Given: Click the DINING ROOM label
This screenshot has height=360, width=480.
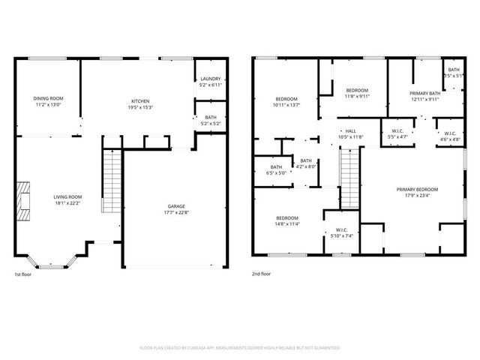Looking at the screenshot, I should pos(48,98).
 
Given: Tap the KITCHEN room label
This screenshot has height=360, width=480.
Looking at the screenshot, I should pos(141,101).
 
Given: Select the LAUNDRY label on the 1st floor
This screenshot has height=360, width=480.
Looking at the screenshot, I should pos(209,79).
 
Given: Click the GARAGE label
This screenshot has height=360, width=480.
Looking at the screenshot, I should pos(176,206).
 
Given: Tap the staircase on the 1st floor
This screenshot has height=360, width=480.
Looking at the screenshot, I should pos(111,181).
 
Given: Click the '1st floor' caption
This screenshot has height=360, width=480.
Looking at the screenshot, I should pos(22,274).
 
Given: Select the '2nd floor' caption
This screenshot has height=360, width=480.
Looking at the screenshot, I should pos(262,274).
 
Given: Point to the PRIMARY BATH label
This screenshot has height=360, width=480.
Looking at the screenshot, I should pos(424,94).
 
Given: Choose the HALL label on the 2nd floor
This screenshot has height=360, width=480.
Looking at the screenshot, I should pos(350,131).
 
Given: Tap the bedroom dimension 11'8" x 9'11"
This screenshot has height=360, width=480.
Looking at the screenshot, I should pos(356,96).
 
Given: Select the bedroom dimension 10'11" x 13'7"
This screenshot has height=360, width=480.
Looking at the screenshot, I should pos(286,104).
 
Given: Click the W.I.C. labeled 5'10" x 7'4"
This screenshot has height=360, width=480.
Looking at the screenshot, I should pos(341,235).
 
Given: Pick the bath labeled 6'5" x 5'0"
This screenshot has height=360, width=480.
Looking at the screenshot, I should pos(277,172).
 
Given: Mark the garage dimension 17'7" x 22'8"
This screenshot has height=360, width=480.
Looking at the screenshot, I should pos(176,211).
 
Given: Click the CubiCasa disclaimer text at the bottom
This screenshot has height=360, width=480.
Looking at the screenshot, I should pos(240,348).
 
